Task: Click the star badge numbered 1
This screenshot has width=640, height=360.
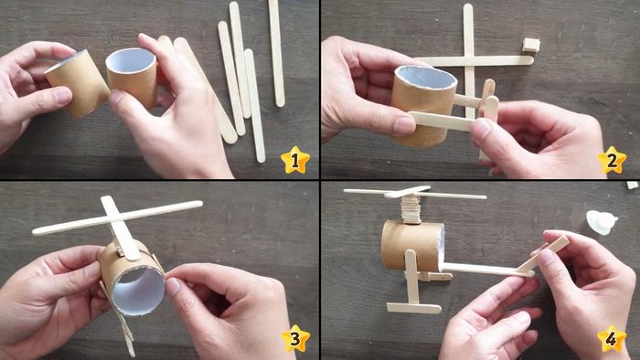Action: pos(294,161)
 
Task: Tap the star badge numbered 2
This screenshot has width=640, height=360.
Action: pos(612,161)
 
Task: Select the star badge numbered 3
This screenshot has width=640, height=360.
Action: pos(294,339)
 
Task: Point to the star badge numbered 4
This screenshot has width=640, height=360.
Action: pos(612,339)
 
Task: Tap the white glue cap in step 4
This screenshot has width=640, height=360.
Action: pos(602,222)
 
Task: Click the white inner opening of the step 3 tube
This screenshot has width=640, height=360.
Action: pos(140,290)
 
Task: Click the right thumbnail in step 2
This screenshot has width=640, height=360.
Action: pos(482,128)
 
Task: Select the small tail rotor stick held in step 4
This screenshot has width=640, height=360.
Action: pos(546,254)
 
